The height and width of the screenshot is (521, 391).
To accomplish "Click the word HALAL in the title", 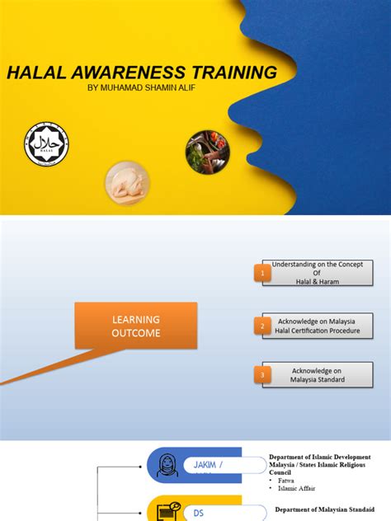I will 38,73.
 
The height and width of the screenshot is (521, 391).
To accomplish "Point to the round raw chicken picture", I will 127,182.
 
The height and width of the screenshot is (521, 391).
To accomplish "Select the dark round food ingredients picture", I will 207,151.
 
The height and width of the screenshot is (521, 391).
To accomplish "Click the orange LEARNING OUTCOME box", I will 136,326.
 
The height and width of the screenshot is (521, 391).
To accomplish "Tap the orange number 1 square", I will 263,273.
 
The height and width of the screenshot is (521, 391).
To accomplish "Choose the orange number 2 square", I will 263,326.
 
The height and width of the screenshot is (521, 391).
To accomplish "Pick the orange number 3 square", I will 263,375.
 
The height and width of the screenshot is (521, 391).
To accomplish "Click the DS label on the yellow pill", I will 199,513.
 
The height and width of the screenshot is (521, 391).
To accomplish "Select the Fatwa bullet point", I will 287,480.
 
